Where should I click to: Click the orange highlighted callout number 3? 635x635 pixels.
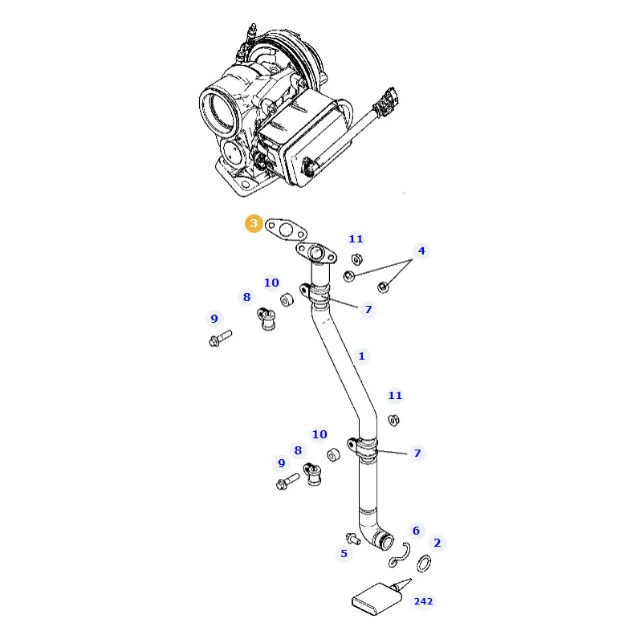point(254,223)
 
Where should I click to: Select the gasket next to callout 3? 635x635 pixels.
point(286,230)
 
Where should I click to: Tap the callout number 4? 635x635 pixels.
point(421,251)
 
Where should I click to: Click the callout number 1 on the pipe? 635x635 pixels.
point(361,356)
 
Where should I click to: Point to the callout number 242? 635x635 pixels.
point(423,601)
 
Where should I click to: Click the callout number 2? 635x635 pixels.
point(437,543)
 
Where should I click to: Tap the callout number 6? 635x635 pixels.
point(416,531)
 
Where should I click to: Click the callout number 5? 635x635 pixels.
point(344,554)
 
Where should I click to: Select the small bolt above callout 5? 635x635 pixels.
point(353,539)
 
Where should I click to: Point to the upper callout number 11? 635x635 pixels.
point(356,239)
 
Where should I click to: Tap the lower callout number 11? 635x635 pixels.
point(395,395)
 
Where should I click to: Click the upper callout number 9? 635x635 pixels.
point(214,319)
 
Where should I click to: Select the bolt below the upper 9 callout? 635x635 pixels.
point(220,339)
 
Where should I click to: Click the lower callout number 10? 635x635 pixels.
point(320,434)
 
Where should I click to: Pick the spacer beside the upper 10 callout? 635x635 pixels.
point(287,300)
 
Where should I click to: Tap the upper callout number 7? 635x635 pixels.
point(368,309)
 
